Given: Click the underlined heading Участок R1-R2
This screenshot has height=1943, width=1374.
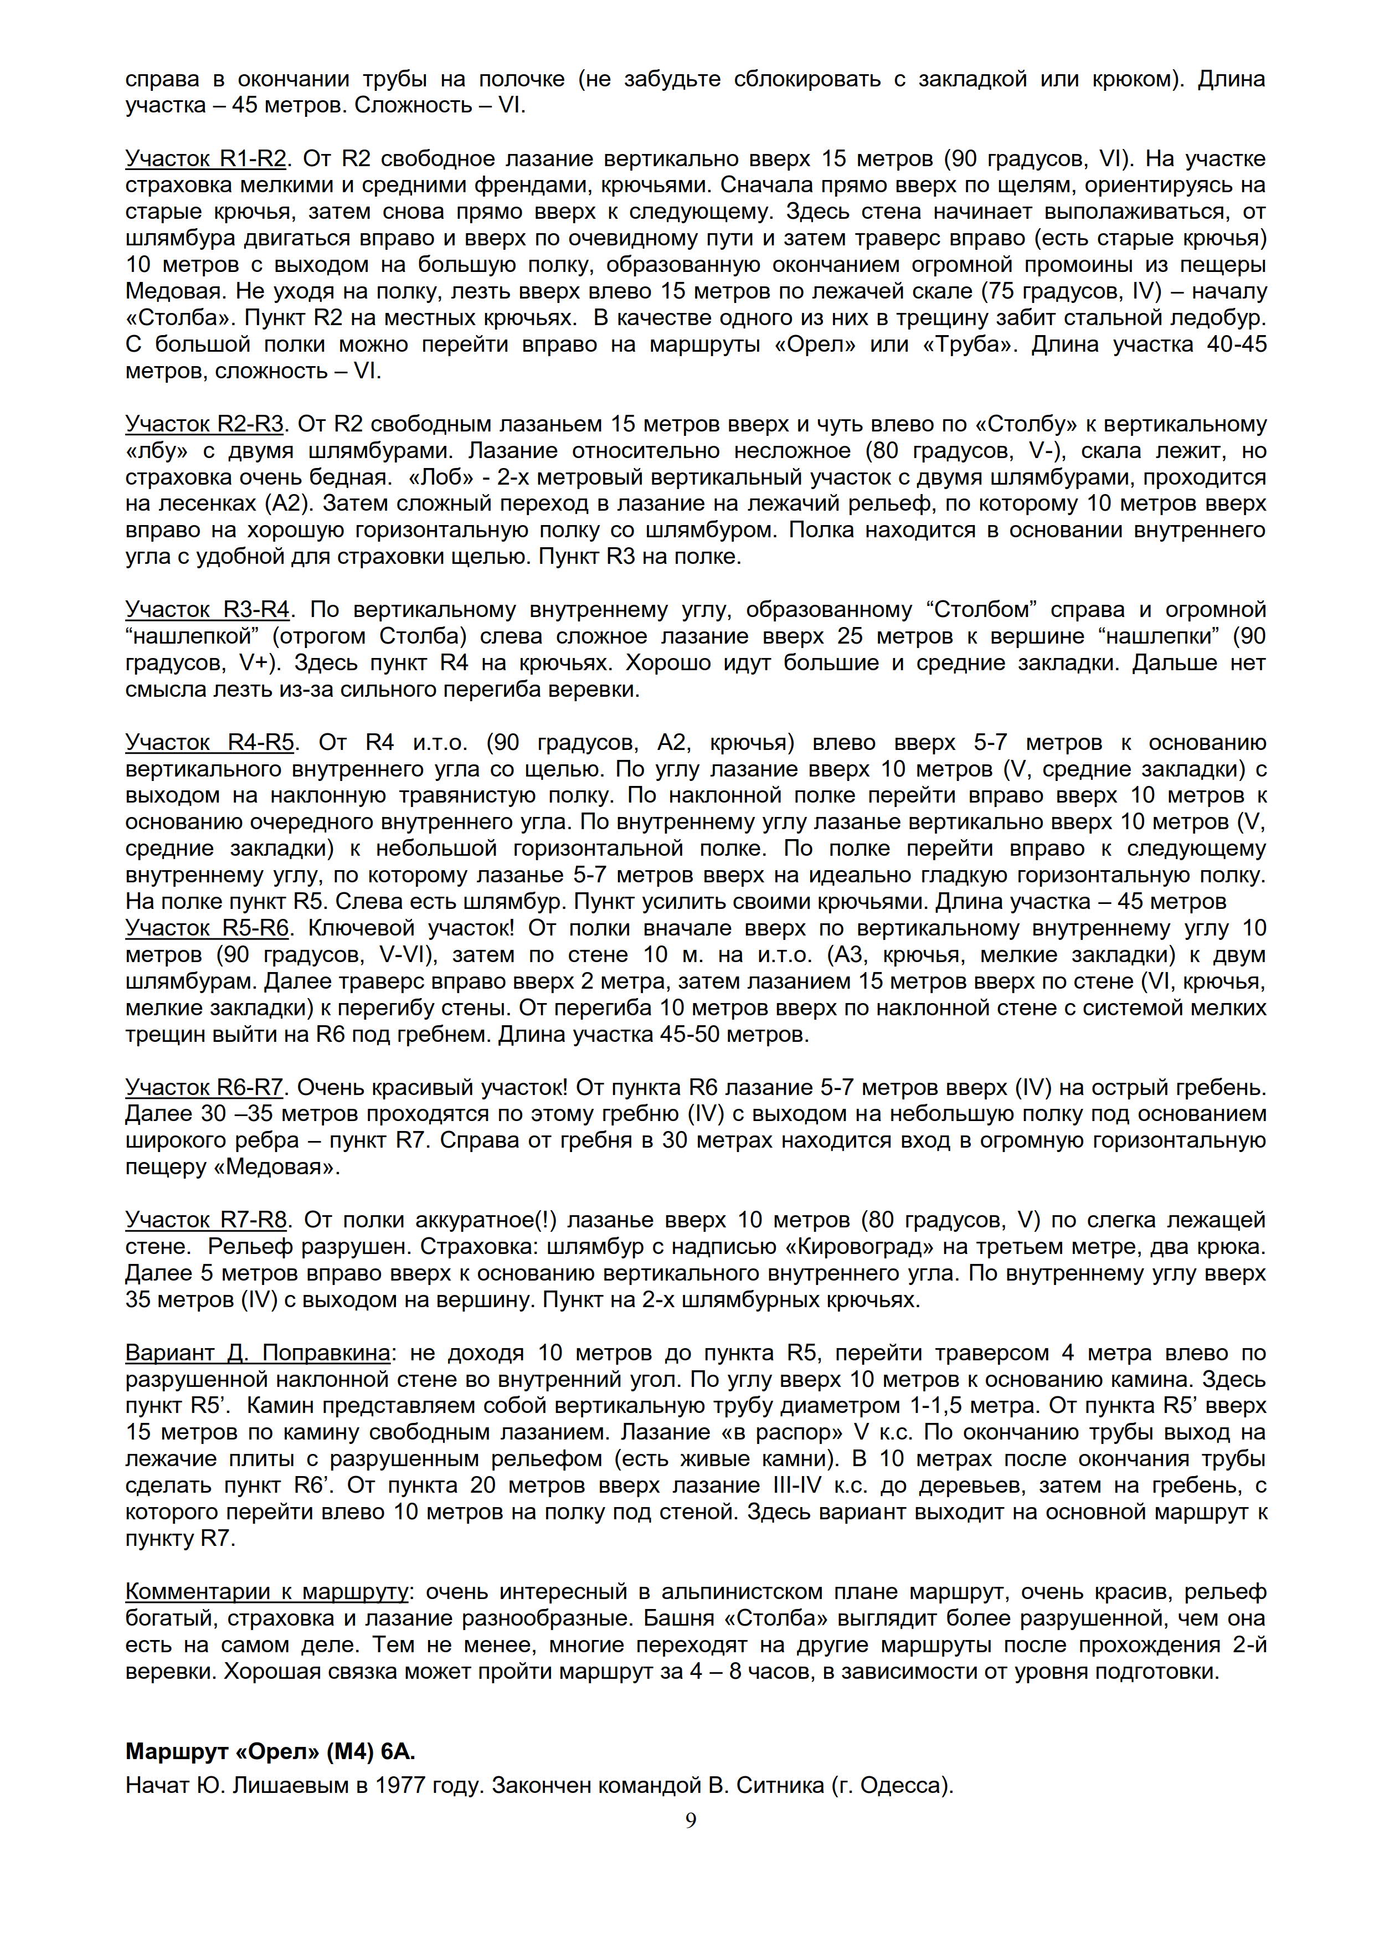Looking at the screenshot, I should [x=205, y=159].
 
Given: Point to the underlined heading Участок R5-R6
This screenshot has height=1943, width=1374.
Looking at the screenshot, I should [x=207, y=928].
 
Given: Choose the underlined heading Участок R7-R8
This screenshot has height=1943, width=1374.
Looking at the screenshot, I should [x=205, y=1220].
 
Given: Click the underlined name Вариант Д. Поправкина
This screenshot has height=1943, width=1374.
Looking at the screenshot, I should [x=257, y=1353].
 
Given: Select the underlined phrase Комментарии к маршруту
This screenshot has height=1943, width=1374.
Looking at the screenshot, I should [x=266, y=1592].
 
